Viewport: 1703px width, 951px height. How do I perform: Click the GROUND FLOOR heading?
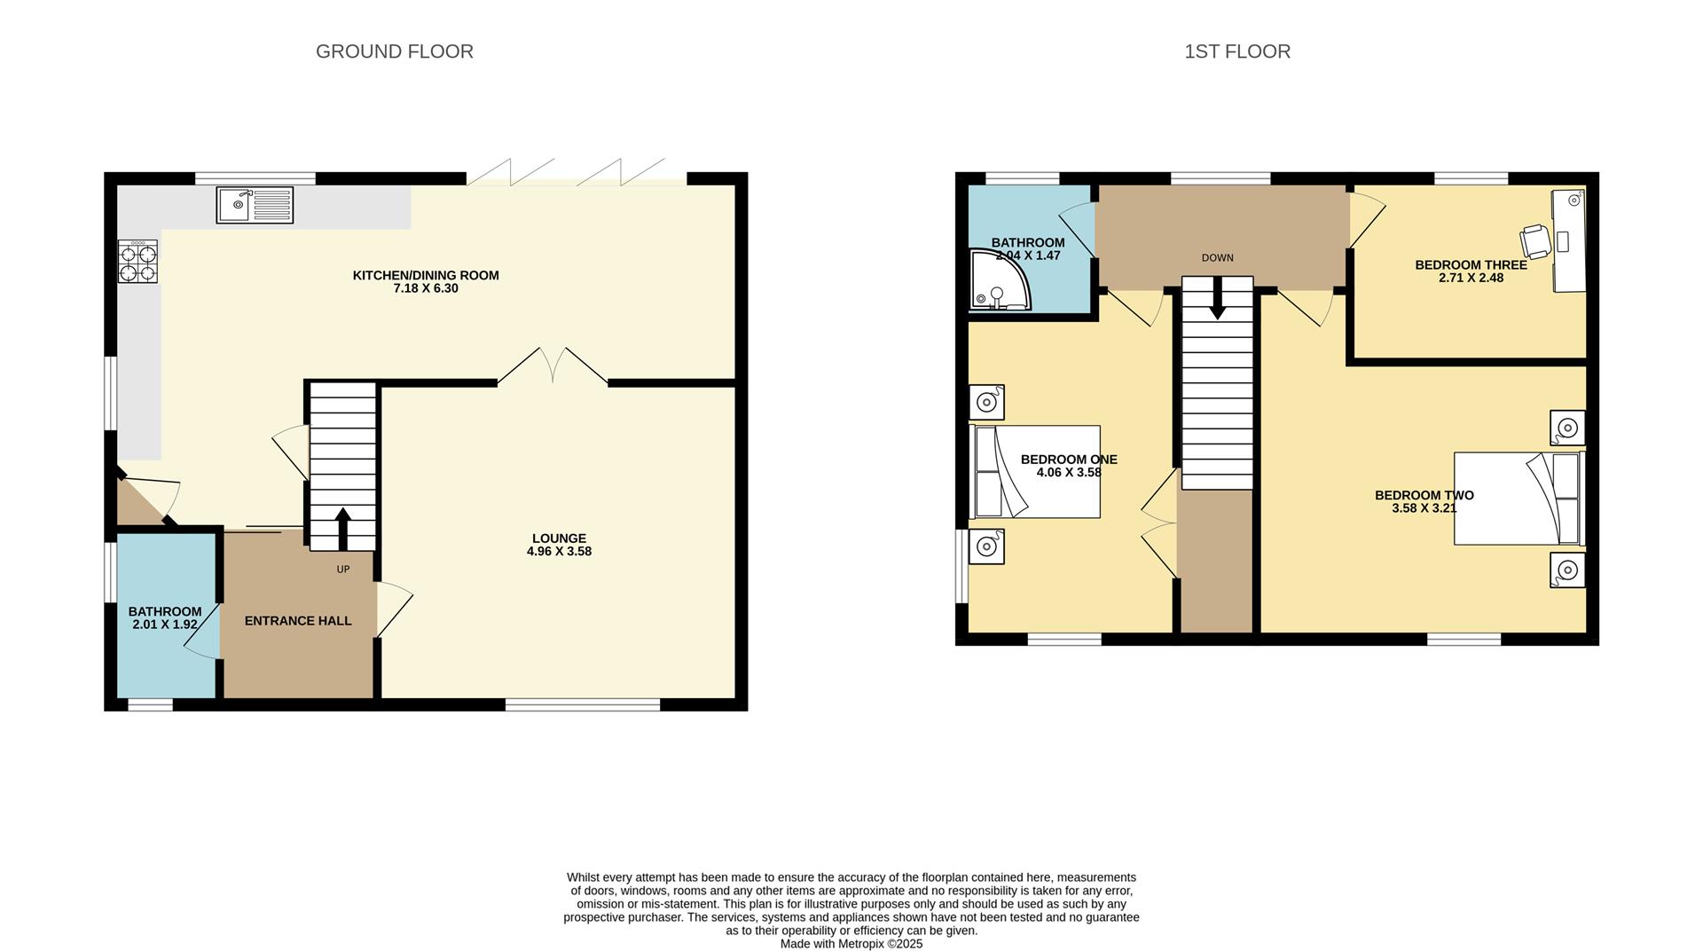[394, 51]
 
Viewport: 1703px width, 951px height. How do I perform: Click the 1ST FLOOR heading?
[1236, 51]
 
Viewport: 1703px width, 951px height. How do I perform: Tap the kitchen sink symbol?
[255, 205]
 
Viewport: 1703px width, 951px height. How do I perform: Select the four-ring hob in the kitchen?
[137, 262]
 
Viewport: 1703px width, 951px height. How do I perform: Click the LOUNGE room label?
[559, 538]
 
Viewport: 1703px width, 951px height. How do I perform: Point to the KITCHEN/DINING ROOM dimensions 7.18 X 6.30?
[426, 288]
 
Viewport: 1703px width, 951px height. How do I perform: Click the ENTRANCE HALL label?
[298, 621]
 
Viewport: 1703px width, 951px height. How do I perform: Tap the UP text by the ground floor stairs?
[343, 570]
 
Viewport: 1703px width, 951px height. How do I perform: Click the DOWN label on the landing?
[1217, 258]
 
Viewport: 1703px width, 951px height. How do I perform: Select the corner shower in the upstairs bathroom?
[1001, 281]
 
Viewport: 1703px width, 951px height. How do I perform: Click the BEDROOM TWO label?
[1424, 496]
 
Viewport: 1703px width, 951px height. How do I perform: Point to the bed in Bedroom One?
[1036, 472]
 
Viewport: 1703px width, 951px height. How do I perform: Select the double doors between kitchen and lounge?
[553, 366]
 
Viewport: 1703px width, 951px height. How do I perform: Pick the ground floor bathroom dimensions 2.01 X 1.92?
[165, 625]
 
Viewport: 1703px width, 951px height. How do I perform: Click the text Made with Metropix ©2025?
[851, 944]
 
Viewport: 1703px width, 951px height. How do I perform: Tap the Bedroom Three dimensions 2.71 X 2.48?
[1471, 278]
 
